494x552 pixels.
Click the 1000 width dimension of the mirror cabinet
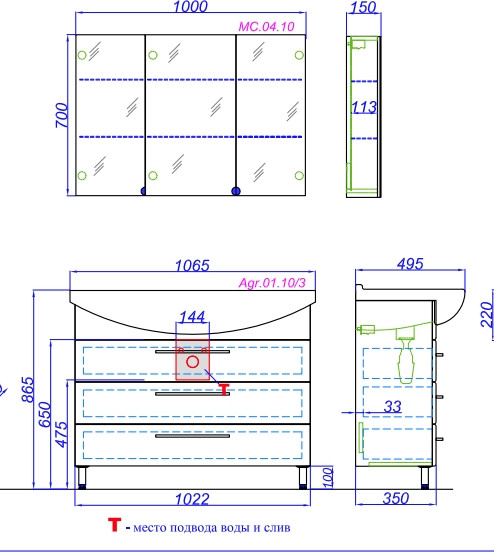190,6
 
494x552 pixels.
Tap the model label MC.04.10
266,26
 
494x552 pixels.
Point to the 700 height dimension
61,115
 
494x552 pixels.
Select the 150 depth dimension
363,7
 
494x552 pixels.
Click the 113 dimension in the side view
364,107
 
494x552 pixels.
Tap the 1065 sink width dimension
192,265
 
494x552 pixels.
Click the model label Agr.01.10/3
272,282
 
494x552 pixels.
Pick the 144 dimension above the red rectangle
192,317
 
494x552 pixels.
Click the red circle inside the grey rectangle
192,362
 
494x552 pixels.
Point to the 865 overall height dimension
28,389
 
